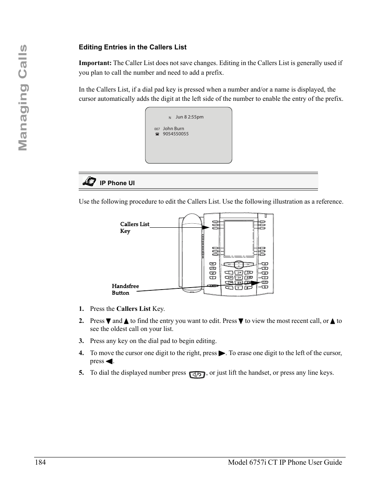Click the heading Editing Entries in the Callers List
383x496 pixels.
click(132, 47)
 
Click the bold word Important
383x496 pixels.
click(95, 63)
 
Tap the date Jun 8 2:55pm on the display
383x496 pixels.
click(189, 117)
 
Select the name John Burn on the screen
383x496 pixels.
click(173, 129)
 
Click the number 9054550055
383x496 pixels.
click(175, 134)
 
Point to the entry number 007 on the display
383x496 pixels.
click(157, 129)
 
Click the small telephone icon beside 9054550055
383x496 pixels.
click(157, 135)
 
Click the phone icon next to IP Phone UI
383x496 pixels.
click(89, 182)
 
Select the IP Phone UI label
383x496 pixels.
click(117, 183)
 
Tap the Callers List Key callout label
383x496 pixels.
click(134, 227)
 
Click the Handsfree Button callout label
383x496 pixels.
click(125, 289)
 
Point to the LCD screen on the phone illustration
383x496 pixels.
click(238, 239)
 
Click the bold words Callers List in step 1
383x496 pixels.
click(133, 309)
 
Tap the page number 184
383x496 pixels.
click(40, 462)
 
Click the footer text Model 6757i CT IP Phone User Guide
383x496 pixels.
click(285, 462)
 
